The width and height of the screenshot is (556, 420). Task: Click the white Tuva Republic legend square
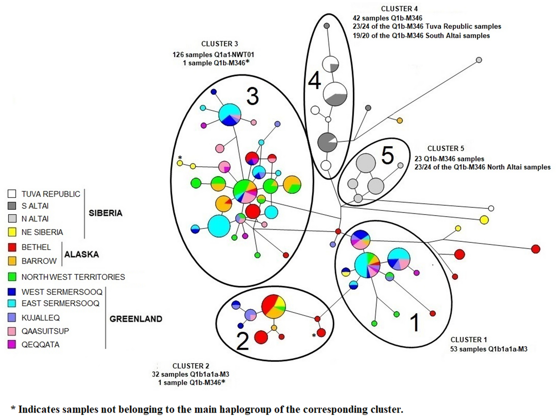(x=12, y=194)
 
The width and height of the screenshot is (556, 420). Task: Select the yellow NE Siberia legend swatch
(x=12, y=232)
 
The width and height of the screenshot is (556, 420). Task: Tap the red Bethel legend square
(x=12, y=247)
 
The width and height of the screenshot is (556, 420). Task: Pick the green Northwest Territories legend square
(x=12, y=277)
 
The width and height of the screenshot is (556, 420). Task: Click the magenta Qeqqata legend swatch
(x=12, y=344)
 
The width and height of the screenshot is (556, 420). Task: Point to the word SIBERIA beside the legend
(x=105, y=213)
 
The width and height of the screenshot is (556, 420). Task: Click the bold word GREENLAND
(x=136, y=319)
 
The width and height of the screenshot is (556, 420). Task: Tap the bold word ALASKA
(x=81, y=254)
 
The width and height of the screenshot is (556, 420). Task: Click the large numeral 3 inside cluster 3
(x=253, y=97)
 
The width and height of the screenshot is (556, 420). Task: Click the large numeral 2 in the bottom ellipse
(x=242, y=341)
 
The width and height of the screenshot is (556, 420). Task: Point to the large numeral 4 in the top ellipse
(x=314, y=81)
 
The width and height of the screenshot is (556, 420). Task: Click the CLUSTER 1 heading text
(x=468, y=340)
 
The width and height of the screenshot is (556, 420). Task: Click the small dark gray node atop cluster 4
(x=327, y=25)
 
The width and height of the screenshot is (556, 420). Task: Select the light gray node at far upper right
(x=479, y=60)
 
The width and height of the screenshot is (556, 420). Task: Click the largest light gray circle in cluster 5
(x=366, y=163)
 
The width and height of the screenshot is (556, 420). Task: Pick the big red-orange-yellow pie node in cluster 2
(x=274, y=307)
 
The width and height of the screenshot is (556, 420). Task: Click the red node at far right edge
(x=536, y=249)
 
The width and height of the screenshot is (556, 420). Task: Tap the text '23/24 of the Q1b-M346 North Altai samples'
(x=482, y=167)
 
